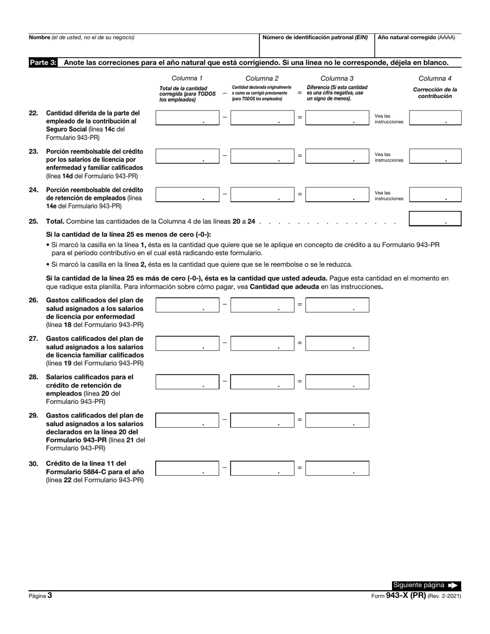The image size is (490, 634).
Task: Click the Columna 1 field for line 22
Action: [x=187, y=118]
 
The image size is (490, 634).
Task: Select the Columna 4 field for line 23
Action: [x=435, y=157]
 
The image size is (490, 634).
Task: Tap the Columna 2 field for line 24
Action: [x=262, y=194]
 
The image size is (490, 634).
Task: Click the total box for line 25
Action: [x=435, y=219]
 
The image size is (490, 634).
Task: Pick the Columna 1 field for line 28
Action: [x=187, y=382]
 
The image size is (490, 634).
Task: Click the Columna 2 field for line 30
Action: [x=262, y=468]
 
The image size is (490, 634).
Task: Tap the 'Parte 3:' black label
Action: [x=43, y=62]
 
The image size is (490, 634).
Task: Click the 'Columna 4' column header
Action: [x=435, y=78]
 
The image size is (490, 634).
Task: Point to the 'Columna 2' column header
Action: [x=262, y=78]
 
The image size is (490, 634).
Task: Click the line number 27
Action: [x=34, y=339]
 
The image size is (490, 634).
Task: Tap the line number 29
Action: [x=34, y=415]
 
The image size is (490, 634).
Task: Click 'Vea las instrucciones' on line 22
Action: [x=388, y=119]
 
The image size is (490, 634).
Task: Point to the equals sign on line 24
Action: [x=300, y=194]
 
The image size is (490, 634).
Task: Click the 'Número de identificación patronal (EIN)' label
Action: [x=315, y=38]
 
